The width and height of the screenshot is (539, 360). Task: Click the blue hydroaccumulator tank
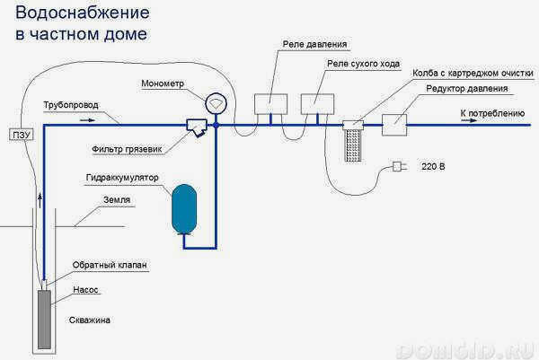pyautogui.click(x=184, y=209)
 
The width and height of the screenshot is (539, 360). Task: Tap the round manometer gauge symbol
pyautogui.click(x=216, y=103)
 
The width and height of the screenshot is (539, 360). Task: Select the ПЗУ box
pyautogui.click(x=22, y=135)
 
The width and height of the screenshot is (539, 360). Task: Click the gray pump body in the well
pyautogui.click(x=44, y=320)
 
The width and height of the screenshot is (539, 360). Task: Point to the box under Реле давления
pyautogui.click(x=271, y=104)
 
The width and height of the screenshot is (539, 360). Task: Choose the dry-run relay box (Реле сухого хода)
pyautogui.click(x=317, y=104)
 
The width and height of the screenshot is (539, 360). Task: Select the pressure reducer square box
pyautogui.click(x=394, y=125)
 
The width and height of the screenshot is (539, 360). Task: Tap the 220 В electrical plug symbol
pyautogui.click(x=399, y=167)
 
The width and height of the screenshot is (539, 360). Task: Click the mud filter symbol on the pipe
pyautogui.click(x=197, y=127)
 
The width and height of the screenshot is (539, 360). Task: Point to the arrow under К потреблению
pyautogui.click(x=469, y=120)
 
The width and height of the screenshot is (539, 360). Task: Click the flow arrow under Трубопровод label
pyautogui.click(x=87, y=120)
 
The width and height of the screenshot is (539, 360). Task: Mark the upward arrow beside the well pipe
pyautogui.click(x=40, y=200)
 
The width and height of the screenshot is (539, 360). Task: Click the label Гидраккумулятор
pyautogui.click(x=122, y=178)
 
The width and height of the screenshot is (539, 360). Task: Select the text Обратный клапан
pyautogui.click(x=110, y=265)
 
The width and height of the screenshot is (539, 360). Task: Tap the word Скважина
pyautogui.click(x=90, y=320)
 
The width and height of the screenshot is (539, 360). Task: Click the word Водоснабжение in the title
pyautogui.click(x=83, y=13)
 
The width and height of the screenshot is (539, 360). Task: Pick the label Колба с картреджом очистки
pyautogui.click(x=473, y=74)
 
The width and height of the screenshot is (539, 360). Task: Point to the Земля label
pyautogui.click(x=117, y=200)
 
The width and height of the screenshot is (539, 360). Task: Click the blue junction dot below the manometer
pyautogui.click(x=216, y=125)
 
